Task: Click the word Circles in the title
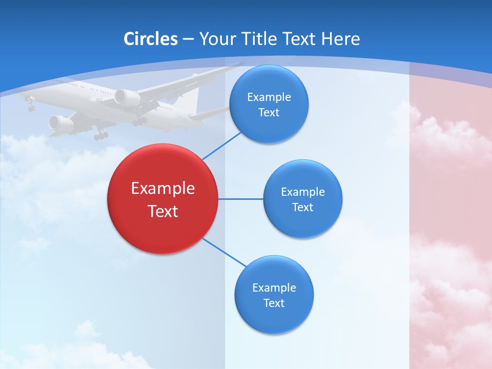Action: [150, 39]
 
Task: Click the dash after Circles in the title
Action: [188, 39]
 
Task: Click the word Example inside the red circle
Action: [163, 189]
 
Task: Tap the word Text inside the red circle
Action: [163, 211]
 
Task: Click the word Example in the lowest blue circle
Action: [274, 288]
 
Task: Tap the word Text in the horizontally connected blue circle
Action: [302, 208]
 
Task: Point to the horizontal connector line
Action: [240, 199]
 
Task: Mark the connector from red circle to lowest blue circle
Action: [224, 252]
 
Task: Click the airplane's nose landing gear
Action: [31, 108]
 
